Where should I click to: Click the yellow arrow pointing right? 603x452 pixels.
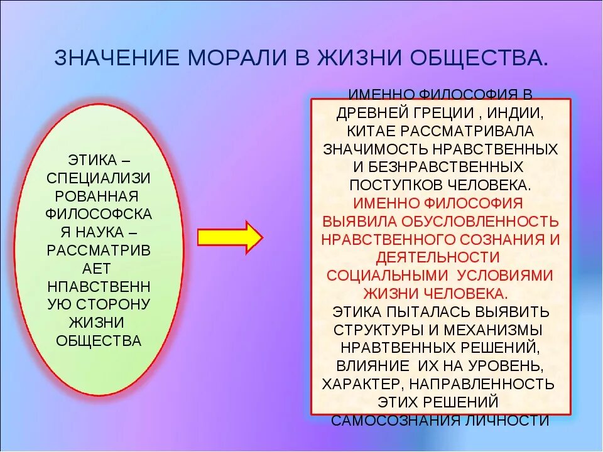(230, 237)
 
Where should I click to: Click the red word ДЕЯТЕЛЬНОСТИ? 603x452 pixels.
(438, 257)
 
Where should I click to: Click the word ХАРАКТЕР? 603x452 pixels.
(360, 384)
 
